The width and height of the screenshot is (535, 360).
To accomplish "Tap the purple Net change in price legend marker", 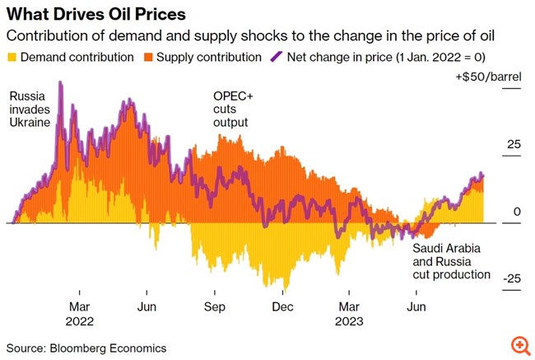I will pyautogui.click(x=276, y=58).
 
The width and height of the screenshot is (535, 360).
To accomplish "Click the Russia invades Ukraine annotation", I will pyautogui.click(x=30, y=109).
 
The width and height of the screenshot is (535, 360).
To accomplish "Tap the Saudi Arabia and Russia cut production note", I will pyautogui.click(x=451, y=261).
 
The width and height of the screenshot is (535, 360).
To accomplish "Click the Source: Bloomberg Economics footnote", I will pyautogui.click(x=86, y=348).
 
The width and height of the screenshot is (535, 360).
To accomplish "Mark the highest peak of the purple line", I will pyautogui.click(x=60, y=82).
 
